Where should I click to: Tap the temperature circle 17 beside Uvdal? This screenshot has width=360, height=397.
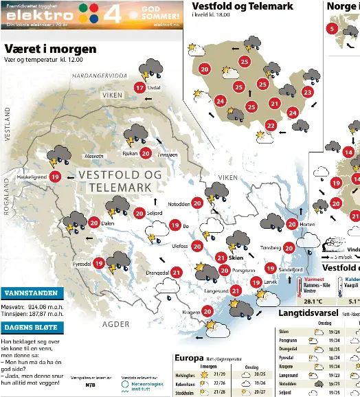(139, 88)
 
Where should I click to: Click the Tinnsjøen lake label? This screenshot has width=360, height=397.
(167, 155)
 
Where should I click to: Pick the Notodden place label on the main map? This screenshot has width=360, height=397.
(179, 203)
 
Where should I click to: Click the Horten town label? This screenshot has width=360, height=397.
(308, 224)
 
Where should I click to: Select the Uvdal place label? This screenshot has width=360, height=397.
(155, 88)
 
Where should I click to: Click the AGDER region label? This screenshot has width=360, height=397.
(115, 324)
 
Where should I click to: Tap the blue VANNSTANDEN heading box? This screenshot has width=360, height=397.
(32, 293)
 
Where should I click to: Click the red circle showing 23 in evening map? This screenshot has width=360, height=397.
(308, 92)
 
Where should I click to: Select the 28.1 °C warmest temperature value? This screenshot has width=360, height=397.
(313, 300)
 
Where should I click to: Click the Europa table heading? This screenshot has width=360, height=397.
(189, 357)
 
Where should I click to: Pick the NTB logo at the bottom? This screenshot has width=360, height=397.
(91, 385)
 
